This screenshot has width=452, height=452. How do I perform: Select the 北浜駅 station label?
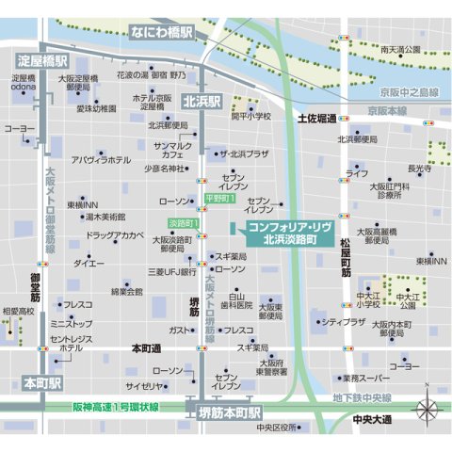(201, 101)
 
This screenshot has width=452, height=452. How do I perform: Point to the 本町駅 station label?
(41, 383)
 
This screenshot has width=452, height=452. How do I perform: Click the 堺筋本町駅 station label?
(229, 412)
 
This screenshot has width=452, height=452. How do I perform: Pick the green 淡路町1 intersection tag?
(183, 223)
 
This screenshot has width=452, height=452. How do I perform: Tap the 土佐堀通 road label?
(317, 120)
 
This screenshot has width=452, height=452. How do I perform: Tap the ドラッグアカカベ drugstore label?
(115, 234)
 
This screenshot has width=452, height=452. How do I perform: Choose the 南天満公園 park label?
(400, 49)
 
